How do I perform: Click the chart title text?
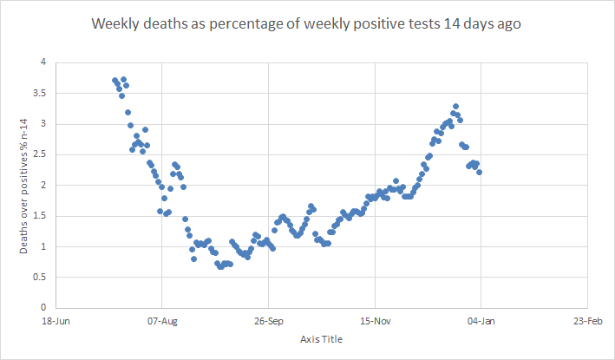[307, 25]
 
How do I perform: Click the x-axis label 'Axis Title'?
[320, 338]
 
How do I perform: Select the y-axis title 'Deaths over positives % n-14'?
[25, 184]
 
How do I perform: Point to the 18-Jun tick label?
[56, 320]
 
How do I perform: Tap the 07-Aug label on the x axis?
[162, 320]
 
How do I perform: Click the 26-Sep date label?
[268, 320]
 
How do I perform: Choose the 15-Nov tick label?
[375, 320]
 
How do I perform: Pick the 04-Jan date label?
[481, 320]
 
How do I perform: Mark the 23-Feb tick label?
[588, 320]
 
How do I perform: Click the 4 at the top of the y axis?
[43, 62]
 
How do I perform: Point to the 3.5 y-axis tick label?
[39, 93]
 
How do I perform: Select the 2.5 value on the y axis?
[39, 154]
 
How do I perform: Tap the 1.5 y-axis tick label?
[39, 215]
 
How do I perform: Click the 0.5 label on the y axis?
[39, 277]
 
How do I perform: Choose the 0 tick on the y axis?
[43, 307]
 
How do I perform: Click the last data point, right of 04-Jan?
[479, 172]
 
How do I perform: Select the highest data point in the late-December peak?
[455, 107]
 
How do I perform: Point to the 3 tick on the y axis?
[43, 124]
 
